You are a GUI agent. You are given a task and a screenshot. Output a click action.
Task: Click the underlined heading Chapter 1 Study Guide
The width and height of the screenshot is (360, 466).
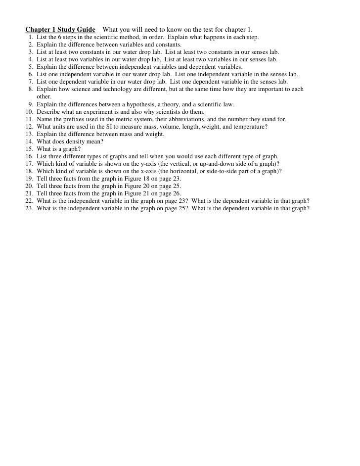pos(60,30)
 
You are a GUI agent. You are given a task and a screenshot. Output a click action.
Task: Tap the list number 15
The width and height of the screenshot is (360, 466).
pos(29,149)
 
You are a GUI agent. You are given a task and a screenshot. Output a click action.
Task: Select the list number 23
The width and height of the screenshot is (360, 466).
pos(29,208)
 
